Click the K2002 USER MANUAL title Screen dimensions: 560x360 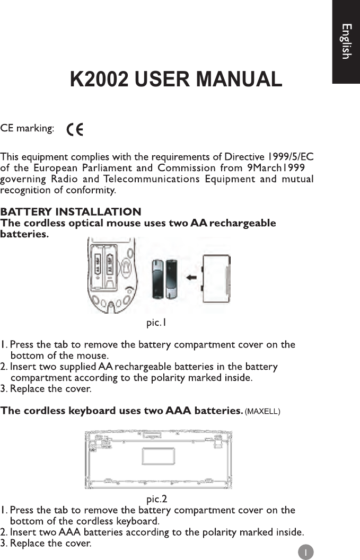(x=176, y=79)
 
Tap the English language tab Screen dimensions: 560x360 (x=346, y=41)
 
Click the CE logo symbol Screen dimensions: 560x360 (x=74, y=130)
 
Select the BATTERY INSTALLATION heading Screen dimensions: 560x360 (x=71, y=212)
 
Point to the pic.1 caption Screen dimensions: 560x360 (x=156, y=322)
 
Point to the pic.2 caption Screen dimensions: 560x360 (x=156, y=499)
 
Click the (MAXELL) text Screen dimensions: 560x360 (x=263, y=412)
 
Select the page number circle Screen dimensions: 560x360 (x=305, y=552)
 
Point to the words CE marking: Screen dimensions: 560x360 (x=27, y=129)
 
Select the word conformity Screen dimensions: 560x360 (x=95, y=190)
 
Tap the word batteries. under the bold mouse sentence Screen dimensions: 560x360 (x=24, y=234)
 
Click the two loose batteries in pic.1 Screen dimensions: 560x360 (x=165, y=279)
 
